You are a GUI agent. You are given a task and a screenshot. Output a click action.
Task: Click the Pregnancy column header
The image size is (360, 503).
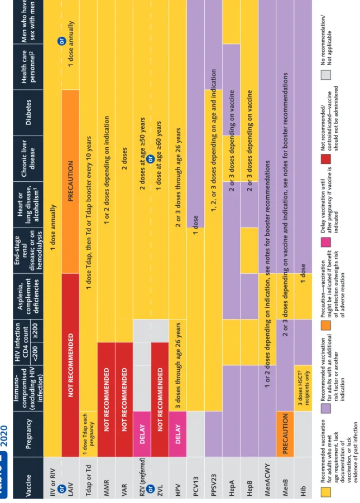tap(28, 434)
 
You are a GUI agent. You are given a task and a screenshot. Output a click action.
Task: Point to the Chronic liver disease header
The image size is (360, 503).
tap(28, 158)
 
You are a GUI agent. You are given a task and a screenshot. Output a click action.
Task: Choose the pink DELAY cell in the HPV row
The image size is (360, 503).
tap(177, 434)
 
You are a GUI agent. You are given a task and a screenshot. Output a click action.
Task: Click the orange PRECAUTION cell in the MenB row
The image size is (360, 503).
tap(285, 434)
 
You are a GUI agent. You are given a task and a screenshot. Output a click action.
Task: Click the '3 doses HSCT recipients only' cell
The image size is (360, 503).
tap(303, 388)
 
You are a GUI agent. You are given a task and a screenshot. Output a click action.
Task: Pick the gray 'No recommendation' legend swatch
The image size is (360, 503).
tap(325, 74)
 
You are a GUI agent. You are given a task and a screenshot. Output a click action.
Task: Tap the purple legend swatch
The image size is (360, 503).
tap(325, 408)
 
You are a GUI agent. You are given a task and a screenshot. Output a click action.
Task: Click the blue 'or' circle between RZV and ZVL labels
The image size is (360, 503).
tap(151, 489)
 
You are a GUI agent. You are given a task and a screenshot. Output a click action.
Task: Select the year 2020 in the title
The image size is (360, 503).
tap(4, 436)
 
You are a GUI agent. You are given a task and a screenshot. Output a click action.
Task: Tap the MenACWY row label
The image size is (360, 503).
tap(267, 480)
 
